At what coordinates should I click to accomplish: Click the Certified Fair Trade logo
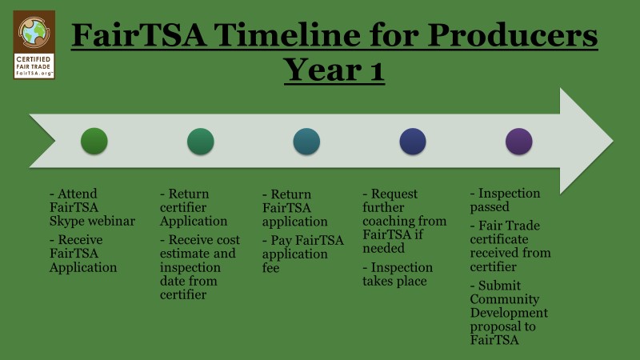[x=34, y=45]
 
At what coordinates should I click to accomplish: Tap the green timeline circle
[x=94, y=142]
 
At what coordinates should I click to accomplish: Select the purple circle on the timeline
[x=518, y=142]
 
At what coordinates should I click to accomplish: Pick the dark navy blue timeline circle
[x=413, y=142]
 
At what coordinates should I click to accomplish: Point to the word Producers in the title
[x=513, y=34]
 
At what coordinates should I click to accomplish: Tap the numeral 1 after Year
[x=377, y=70]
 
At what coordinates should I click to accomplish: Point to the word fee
[x=270, y=268]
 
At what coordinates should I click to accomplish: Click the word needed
[x=383, y=248]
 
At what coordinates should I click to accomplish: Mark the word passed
[x=490, y=207]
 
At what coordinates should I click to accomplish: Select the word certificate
[x=498, y=239]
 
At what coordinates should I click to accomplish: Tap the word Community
[x=505, y=299]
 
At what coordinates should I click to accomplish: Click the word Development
[x=509, y=313]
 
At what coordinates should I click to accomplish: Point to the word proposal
[x=493, y=327]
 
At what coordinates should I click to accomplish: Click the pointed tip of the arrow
[x=613, y=141]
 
